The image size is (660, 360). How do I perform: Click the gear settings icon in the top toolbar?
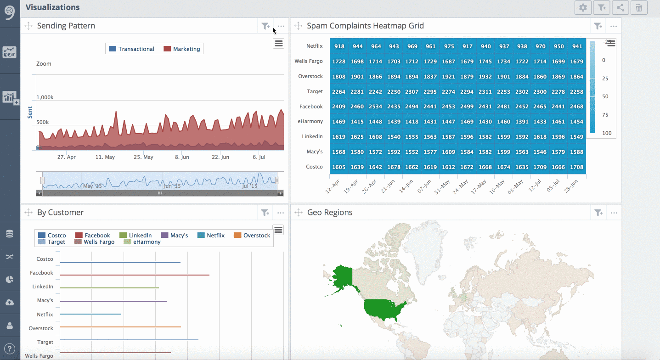pos(583,7)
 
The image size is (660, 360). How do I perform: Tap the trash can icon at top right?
pos(639,7)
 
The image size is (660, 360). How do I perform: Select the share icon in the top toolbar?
pos(620,7)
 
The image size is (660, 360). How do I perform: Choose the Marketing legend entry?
pos(182,49)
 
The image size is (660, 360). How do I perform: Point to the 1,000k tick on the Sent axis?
pos(45,97)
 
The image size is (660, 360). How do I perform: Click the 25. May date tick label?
pos(143,157)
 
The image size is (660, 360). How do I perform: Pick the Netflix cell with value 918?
pos(339,46)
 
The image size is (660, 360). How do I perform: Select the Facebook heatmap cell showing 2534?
pos(376,107)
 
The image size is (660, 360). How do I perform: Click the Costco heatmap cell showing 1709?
pos(540,167)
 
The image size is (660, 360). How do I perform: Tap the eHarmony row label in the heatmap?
pos(311,122)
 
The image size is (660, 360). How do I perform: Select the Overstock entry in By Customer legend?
pos(252,236)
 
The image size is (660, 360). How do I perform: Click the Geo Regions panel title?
pos(330,213)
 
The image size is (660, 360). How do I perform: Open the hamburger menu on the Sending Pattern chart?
pos(278,44)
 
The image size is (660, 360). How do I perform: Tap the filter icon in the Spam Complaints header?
pos(597,26)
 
